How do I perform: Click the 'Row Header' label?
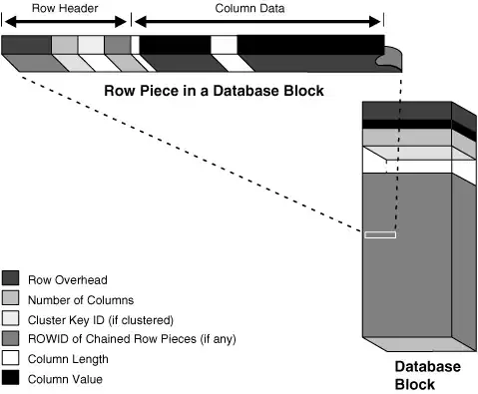(x=65, y=7)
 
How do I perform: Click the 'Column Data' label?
(x=256, y=7)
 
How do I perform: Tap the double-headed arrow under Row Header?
(x=65, y=21)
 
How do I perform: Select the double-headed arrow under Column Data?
(x=257, y=21)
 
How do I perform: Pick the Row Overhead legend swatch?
(x=11, y=278)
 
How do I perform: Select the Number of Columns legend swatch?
(x=11, y=298)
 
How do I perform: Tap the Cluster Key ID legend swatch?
(x=11, y=318)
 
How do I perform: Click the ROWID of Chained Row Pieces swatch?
(x=11, y=338)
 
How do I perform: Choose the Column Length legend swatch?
(x=11, y=358)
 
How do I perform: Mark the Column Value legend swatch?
(x=11, y=378)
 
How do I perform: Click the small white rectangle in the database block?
(x=380, y=234)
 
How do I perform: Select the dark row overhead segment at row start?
(x=26, y=45)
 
